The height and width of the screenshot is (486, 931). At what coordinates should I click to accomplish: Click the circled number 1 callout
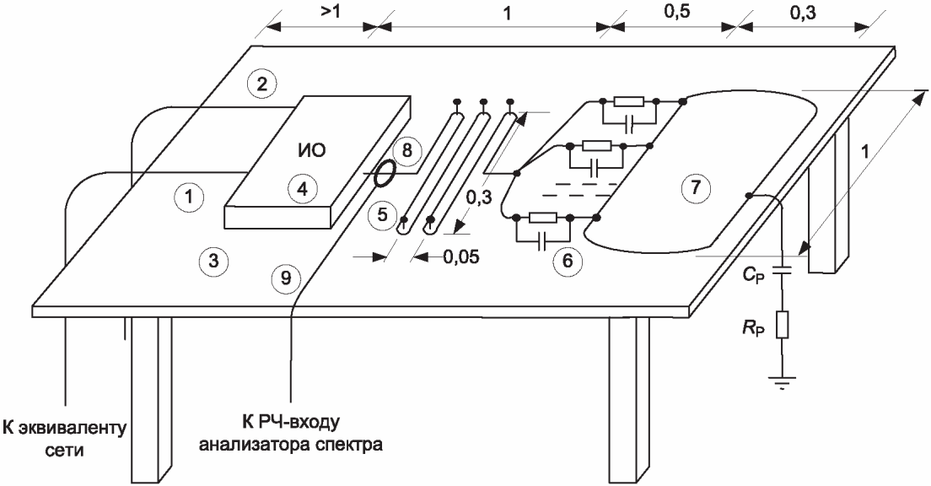coord(190,197)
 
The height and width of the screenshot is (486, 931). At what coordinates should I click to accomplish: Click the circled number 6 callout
coord(567,261)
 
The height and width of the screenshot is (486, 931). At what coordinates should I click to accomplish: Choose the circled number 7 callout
coord(694,187)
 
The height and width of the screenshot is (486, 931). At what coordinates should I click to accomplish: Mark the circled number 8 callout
coord(406,151)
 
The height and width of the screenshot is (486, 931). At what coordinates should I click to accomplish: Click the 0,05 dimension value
coord(463,256)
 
